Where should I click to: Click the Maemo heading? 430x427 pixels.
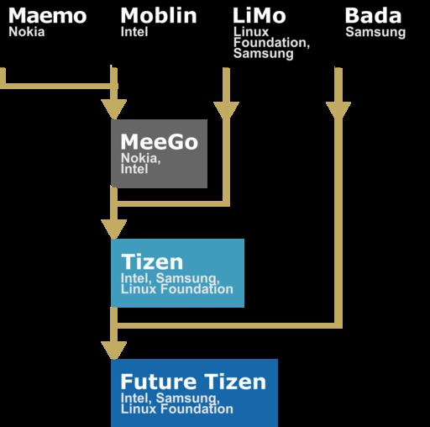[x=47, y=16]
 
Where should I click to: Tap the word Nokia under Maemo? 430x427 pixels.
[x=27, y=32]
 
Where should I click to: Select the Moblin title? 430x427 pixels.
[x=159, y=15]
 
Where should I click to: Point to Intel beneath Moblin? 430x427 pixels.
[x=134, y=32]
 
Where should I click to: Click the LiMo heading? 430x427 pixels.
[x=260, y=15]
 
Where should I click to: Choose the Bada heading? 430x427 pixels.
[x=373, y=15]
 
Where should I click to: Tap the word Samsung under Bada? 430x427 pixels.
[x=375, y=33]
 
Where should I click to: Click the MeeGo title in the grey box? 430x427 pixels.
[x=160, y=142]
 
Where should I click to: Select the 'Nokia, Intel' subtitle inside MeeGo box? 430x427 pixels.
[x=140, y=164]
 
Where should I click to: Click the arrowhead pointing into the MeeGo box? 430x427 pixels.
[x=114, y=109]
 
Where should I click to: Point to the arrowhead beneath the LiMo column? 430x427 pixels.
[x=226, y=110]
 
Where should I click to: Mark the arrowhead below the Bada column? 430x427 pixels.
[x=338, y=110]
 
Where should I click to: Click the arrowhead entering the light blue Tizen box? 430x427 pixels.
[x=114, y=229]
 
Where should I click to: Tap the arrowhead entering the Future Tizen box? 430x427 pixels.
[x=114, y=351]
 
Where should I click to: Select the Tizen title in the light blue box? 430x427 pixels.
[x=152, y=262]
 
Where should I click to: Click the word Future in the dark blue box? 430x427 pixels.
[x=159, y=382]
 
